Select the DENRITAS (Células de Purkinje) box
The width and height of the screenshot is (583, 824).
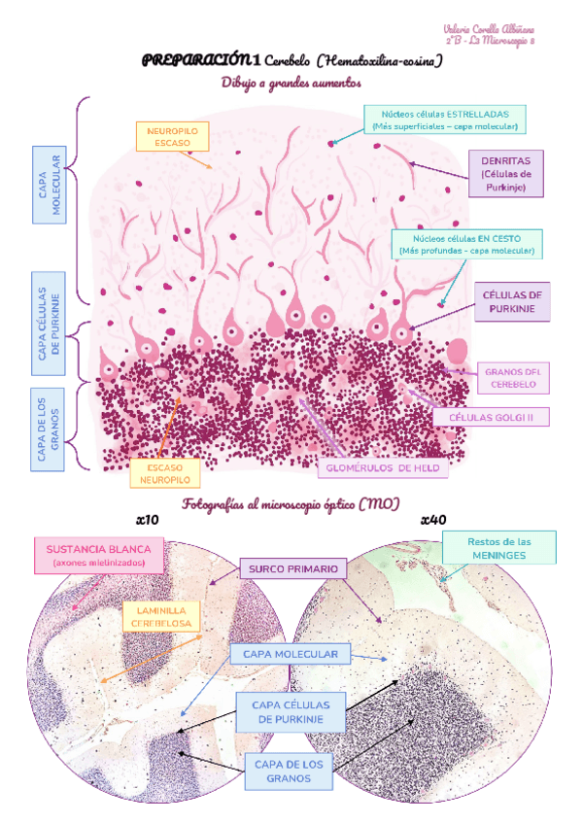[x=505, y=173]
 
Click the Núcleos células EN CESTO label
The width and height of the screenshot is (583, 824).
[x=465, y=244]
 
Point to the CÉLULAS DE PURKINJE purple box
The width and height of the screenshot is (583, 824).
[x=512, y=302]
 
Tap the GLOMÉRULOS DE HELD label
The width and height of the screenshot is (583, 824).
[x=383, y=467]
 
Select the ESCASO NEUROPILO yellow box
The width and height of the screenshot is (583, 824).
[x=165, y=472]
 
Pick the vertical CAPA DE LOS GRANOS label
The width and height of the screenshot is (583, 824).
[x=49, y=428]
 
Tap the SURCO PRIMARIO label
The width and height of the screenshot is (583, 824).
[x=292, y=567]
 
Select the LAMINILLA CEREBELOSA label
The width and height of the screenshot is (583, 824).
[x=161, y=615]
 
